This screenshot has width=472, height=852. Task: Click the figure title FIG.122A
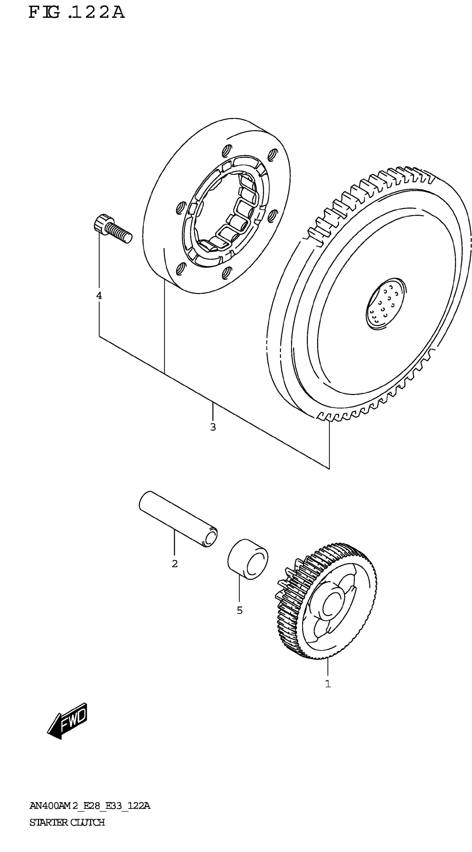click(x=77, y=12)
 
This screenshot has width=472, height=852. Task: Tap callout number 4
click(x=99, y=296)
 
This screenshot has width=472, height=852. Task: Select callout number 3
click(x=213, y=427)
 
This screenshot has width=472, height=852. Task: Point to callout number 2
click(x=175, y=564)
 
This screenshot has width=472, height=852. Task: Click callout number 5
click(x=240, y=610)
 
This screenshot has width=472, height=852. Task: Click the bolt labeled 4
click(x=112, y=228)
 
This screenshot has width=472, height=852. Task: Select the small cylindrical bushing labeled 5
click(x=248, y=559)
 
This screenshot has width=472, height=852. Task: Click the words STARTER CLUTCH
click(x=67, y=822)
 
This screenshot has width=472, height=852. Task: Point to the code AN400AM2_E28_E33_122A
click(x=90, y=806)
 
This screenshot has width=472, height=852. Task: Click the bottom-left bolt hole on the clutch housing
click(x=180, y=268)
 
